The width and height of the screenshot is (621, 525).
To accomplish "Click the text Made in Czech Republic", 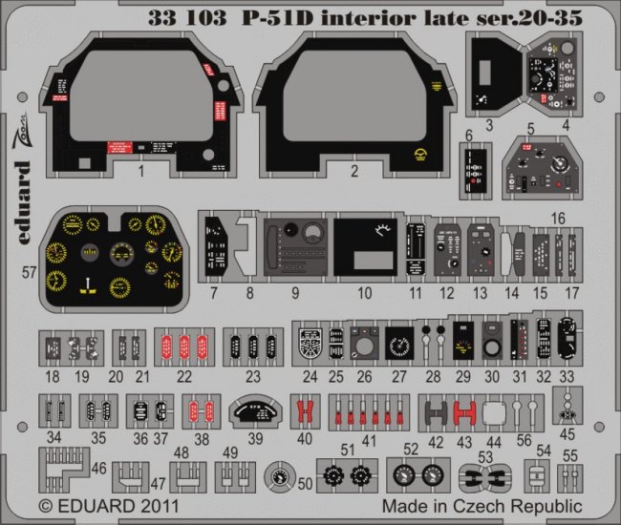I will click(481, 505).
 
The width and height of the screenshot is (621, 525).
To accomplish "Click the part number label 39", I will click(255, 439).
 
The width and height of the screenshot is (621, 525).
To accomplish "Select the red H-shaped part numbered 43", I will click(464, 412).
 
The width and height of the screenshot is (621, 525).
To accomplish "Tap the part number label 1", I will click(140, 173).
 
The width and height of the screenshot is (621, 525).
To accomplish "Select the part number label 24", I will click(310, 377).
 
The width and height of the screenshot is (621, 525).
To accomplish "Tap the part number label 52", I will click(411, 449).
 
